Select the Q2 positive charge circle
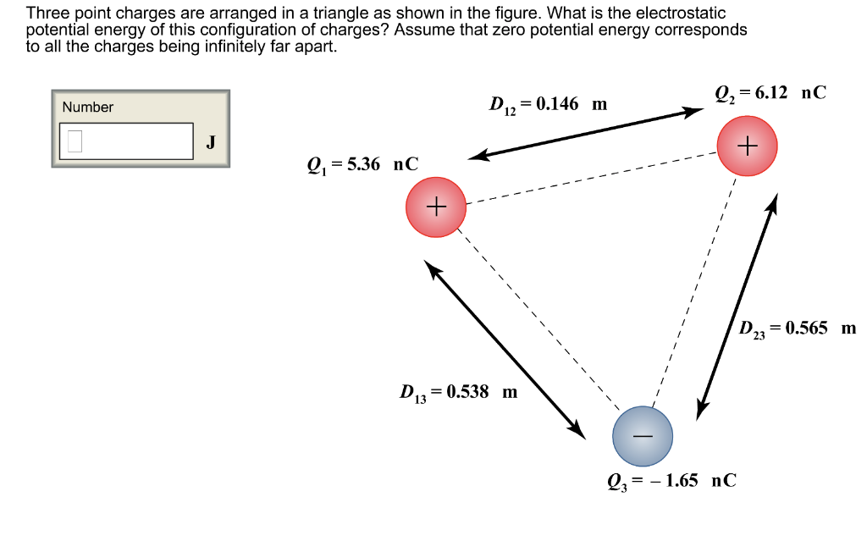[746, 146]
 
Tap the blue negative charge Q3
[643, 436]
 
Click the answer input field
[126, 141]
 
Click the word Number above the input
[87, 107]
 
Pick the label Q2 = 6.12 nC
[770, 94]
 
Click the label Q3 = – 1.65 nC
[671, 481]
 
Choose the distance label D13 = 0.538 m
[458, 392]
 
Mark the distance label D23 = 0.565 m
[797, 328]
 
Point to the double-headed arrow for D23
[736, 306]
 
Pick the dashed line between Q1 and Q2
[593, 178]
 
